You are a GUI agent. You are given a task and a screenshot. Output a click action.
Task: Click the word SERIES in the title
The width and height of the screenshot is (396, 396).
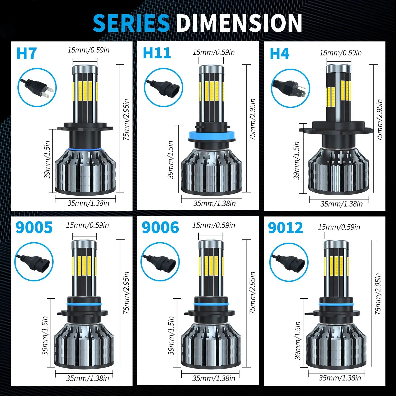click(x=131, y=23)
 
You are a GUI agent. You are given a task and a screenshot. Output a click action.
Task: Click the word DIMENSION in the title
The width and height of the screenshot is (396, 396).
click(x=239, y=23)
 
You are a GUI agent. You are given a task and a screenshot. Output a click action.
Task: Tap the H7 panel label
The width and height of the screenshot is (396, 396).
click(x=26, y=54)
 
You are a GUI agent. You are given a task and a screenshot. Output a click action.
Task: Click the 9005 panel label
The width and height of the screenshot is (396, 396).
click(x=34, y=227)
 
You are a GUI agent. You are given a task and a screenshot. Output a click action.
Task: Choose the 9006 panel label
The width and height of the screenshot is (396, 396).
click(x=160, y=227)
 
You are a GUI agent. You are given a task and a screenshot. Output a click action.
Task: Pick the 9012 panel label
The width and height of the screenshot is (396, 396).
click(x=285, y=228)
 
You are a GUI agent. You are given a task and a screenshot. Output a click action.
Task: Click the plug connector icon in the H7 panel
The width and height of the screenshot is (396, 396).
click(x=37, y=87)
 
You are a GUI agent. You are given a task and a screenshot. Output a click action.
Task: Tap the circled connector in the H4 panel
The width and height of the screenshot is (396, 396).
click(x=291, y=88)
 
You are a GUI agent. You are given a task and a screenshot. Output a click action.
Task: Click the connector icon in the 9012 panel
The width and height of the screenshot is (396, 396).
click(x=289, y=262)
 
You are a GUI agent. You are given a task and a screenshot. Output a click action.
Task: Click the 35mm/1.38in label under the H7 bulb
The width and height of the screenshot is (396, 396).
click(x=88, y=203)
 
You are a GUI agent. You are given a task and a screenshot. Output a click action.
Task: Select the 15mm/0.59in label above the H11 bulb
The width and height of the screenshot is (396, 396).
click(x=214, y=52)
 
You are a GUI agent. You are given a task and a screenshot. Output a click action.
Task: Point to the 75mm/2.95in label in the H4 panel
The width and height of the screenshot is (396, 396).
click(x=379, y=120)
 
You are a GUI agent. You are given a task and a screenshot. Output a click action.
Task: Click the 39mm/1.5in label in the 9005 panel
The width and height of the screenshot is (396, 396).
click(x=45, y=336)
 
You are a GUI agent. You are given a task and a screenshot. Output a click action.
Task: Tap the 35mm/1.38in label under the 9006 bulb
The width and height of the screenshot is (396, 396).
click(x=214, y=378)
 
